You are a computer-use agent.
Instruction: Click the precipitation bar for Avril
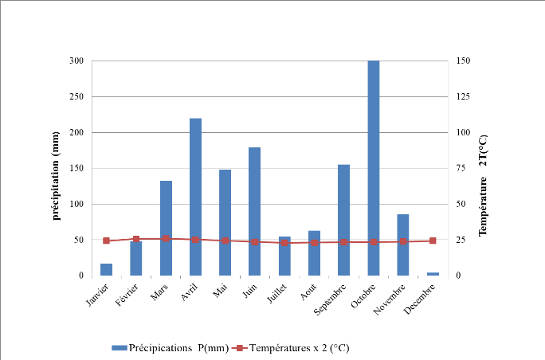point(195,197)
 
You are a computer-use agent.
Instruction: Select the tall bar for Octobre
point(374,168)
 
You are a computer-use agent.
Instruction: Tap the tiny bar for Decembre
point(433,274)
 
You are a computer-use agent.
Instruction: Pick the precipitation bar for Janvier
point(106,269)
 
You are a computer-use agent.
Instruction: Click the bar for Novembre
point(403,245)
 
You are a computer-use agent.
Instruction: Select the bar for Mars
point(166,228)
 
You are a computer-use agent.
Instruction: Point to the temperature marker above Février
point(136,239)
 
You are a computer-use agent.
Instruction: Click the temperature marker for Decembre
point(433,241)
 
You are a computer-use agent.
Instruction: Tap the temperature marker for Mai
point(225,241)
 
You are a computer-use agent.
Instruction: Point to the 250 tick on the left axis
point(76,96)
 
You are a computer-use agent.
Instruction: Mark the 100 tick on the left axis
point(76,204)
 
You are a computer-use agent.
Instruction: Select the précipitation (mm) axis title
point(58,169)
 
